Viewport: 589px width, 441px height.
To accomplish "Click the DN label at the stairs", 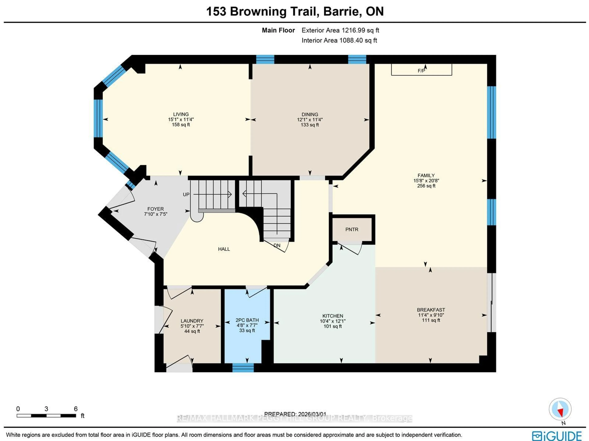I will pyautogui.click(x=277, y=245).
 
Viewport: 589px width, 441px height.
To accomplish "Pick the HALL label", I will pyautogui.click(x=224, y=249).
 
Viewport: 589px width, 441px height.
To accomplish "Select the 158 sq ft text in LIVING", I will pyautogui.click(x=181, y=125).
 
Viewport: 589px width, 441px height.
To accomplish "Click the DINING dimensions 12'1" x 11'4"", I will pyautogui.click(x=310, y=120).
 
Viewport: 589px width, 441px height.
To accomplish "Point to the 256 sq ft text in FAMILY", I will pyautogui.click(x=426, y=186).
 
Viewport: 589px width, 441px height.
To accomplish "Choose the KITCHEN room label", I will pyautogui.click(x=333, y=316).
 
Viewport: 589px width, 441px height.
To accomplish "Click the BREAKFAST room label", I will pyautogui.click(x=431, y=310).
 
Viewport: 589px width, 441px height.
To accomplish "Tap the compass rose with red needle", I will pyautogui.click(x=560, y=409).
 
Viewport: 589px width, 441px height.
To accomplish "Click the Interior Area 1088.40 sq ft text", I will pyautogui.click(x=339, y=40).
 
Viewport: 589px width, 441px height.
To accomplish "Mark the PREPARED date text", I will pyautogui.click(x=295, y=414).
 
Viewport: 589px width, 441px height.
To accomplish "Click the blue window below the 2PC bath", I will pyautogui.click(x=243, y=368).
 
